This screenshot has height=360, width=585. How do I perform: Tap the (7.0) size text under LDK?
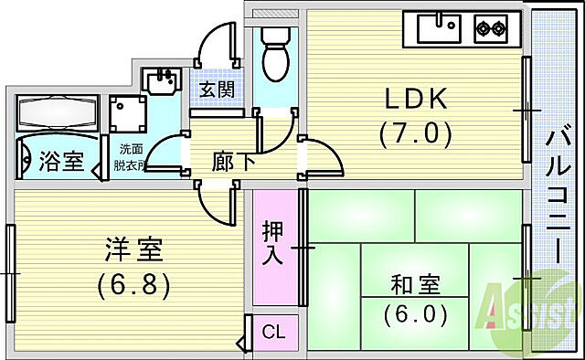point(416,134)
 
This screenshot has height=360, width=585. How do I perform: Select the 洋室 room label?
point(133,249)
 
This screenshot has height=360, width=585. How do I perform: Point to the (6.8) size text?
point(133,285)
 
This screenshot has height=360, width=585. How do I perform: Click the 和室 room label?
point(416,285)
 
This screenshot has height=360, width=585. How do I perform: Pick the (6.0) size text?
point(416,315)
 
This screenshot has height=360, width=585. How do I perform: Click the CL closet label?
point(272,333)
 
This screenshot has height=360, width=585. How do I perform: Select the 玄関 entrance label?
point(218,90)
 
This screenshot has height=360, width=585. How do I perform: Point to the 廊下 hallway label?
point(233,164)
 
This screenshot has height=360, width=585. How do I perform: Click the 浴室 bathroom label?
point(61,163)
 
